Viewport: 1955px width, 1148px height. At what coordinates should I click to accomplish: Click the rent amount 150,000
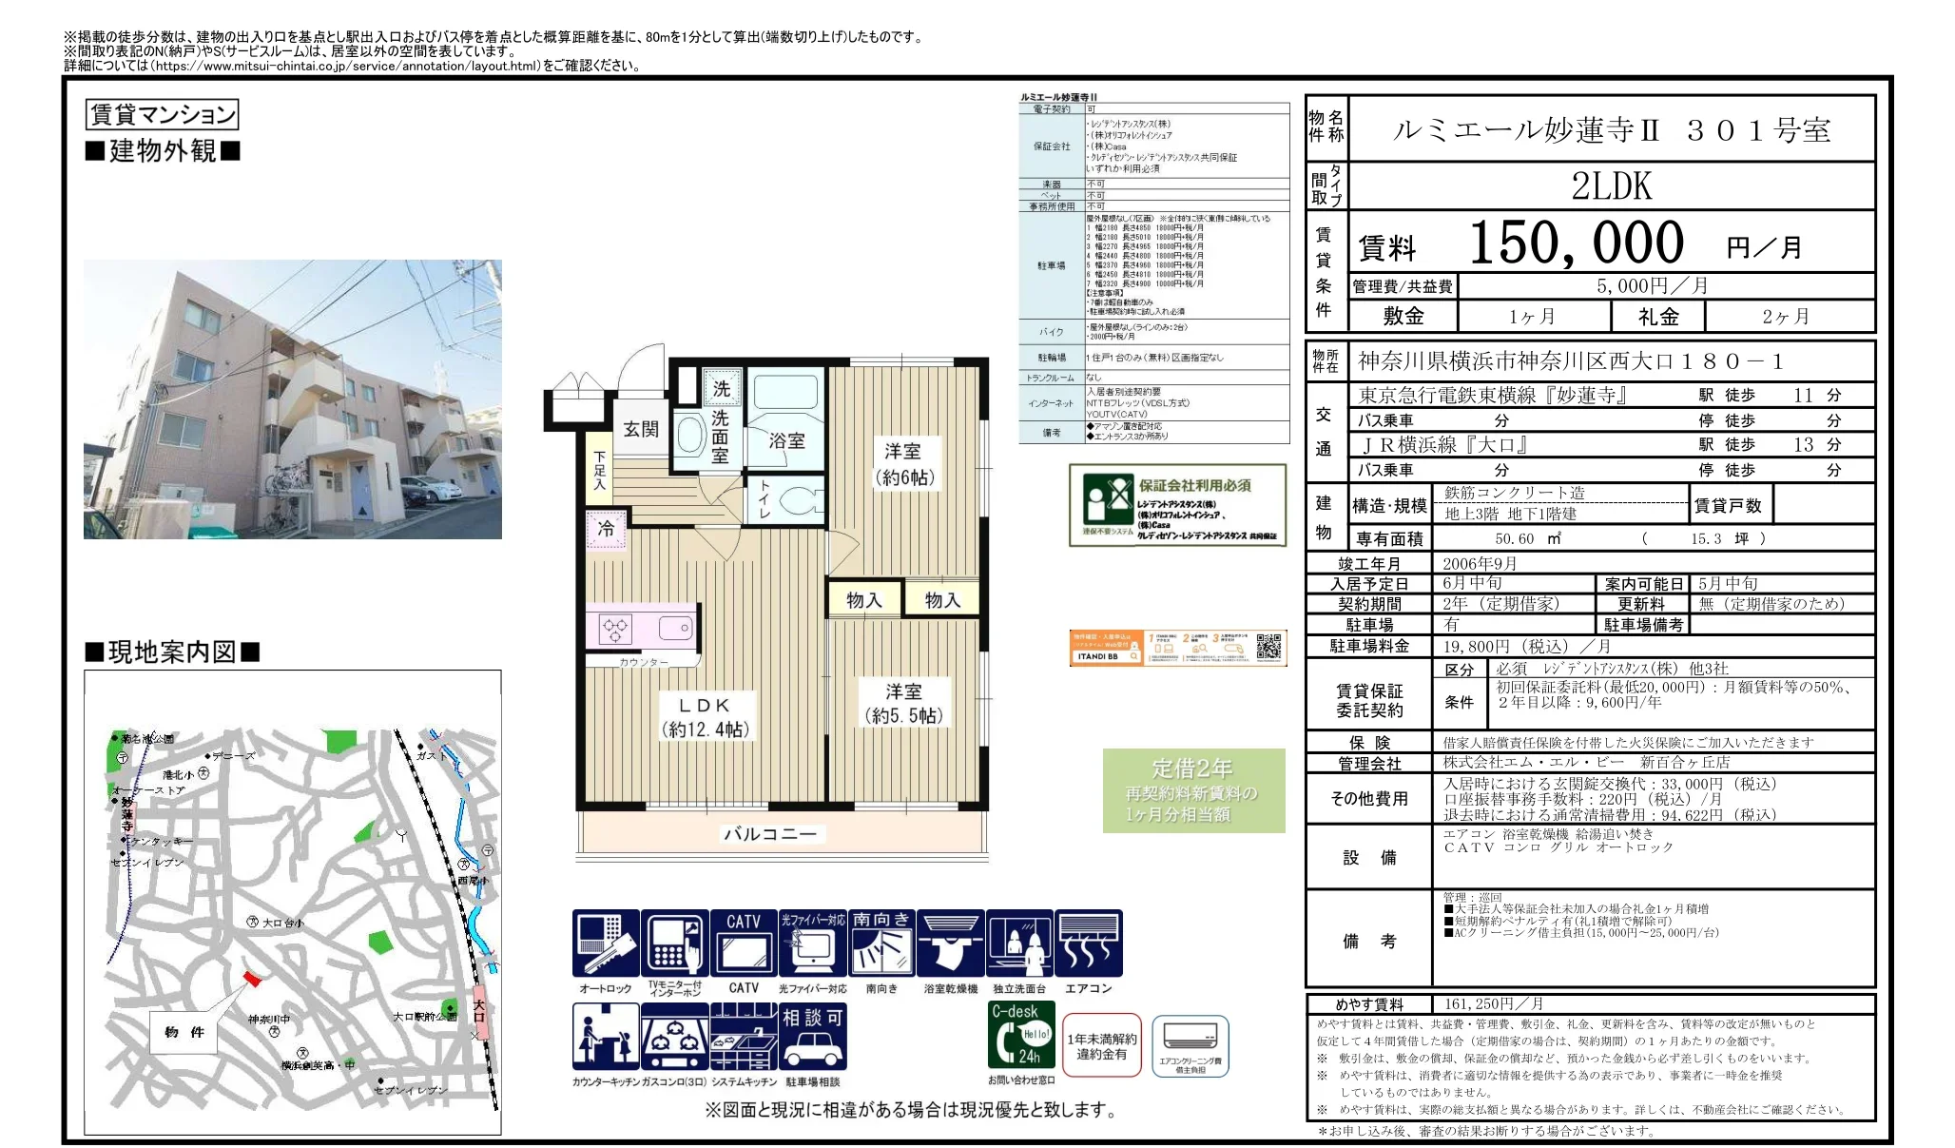coord(1576,243)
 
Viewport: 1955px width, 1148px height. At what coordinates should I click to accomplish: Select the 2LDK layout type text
coord(1611,186)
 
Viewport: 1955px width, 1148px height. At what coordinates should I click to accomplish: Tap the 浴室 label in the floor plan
coord(786,440)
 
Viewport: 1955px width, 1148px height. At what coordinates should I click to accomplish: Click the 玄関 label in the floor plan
coord(641,429)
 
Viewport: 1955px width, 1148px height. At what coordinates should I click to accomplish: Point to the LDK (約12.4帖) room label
coord(705,717)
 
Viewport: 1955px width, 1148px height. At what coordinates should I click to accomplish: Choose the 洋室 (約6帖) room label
coord(903,463)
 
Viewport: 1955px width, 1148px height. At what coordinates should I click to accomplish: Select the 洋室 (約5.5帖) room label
coord(903,703)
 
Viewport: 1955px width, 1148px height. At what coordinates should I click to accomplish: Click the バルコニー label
coord(770,834)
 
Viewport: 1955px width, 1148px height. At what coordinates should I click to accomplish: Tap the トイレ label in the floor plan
coord(765,498)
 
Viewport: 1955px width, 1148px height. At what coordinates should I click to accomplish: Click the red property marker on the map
coord(251,978)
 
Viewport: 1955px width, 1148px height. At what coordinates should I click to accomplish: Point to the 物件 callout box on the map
coord(184,1032)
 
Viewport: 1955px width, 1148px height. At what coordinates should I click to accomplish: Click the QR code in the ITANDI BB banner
coord(1268,648)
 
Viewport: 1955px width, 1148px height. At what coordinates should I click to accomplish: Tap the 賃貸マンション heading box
coord(162,115)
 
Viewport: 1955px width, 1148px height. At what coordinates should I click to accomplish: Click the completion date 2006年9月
coord(1479,563)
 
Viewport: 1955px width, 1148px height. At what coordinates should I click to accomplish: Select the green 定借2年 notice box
coord(1193,790)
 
